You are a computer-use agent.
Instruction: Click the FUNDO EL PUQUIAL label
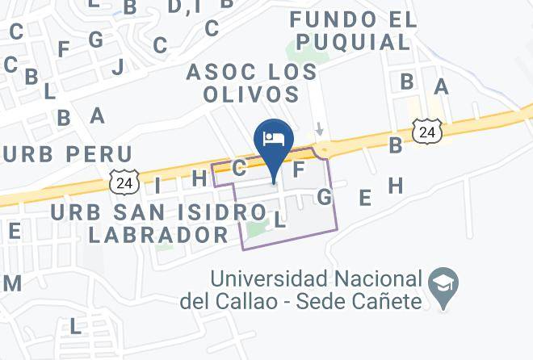click(x=354, y=30)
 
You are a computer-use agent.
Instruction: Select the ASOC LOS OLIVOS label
click(x=252, y=83)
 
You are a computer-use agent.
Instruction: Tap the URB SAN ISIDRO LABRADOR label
click(x=158, y=224)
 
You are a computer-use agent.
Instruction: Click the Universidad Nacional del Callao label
click(x=315, y=291)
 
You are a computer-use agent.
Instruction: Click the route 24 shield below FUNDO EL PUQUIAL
click(x=426, y=132)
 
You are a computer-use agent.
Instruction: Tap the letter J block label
click(x=118, y=66)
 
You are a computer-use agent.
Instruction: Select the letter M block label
click(x=12, y=283)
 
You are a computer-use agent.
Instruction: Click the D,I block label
click(x=184, y=7)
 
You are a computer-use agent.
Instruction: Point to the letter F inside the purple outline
click(x=298, y=170)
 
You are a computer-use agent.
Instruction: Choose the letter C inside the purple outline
click(x=239, y=168)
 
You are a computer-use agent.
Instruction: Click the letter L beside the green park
click(x=279, y=219)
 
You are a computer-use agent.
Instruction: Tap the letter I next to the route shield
click(x=157, y=185)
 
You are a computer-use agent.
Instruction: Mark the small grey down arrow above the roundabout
click(x=320, y=128)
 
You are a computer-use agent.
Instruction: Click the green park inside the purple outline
click(x=257, y=229)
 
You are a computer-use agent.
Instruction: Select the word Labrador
click(x=158, y=235)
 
